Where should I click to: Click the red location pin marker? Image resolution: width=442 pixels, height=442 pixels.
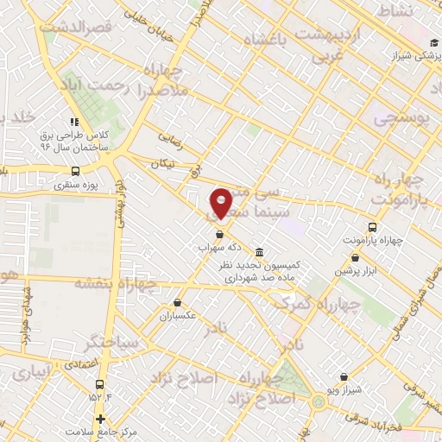tap(221, 202)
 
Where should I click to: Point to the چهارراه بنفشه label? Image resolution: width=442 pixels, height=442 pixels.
tap(115, 283)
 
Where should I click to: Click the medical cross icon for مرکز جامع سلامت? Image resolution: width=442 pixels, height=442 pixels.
tap(101, 418)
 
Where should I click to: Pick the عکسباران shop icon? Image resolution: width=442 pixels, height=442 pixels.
tap(177, 303)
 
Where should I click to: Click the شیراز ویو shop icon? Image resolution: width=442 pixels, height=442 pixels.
tap(344, 376)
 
